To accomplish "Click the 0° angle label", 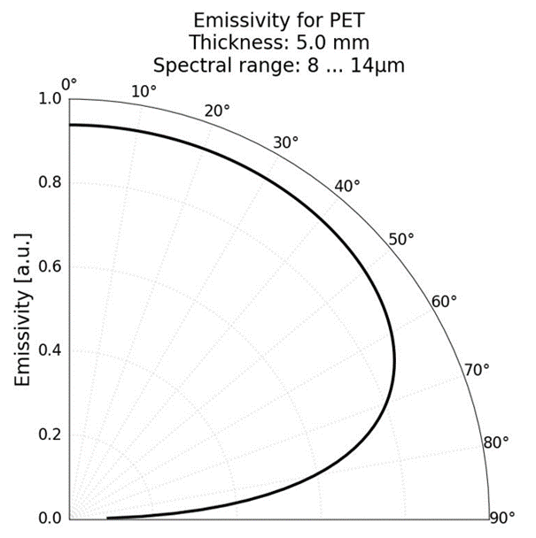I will [x=69, y=84].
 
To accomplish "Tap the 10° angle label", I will [x=144, y=92].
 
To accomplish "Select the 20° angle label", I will [x=217, y=111].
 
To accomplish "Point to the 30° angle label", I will [x=285, y=142].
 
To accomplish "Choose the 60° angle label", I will [x=444, y=301].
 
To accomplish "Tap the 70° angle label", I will [x=477, y=369].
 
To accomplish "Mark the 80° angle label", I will [x=496, y=442].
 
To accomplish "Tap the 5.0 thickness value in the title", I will [x=313, y=42].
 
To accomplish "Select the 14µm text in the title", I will [x=384, y=65].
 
